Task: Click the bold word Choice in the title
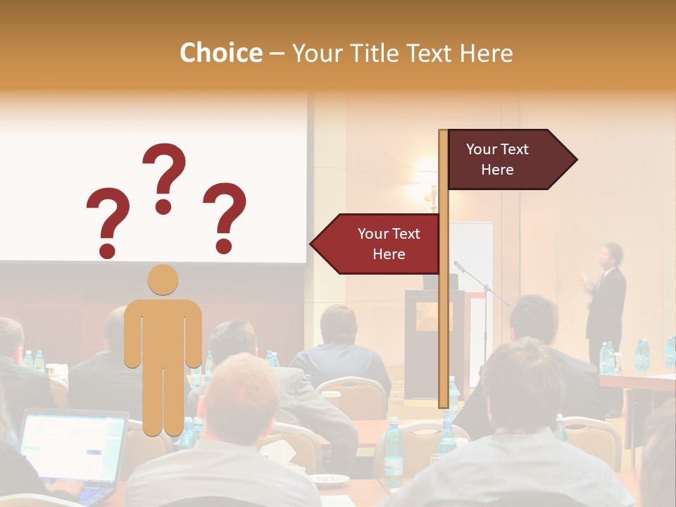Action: (x=220, y=54)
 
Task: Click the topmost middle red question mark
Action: (x=164, y=177)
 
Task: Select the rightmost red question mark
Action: (x=225, y=217)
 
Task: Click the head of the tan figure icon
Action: (x=163, y=280)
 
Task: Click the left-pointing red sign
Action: (x=377, y=244)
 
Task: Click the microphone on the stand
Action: (x=459, y=266)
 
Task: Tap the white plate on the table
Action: (x=331, y=480)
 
